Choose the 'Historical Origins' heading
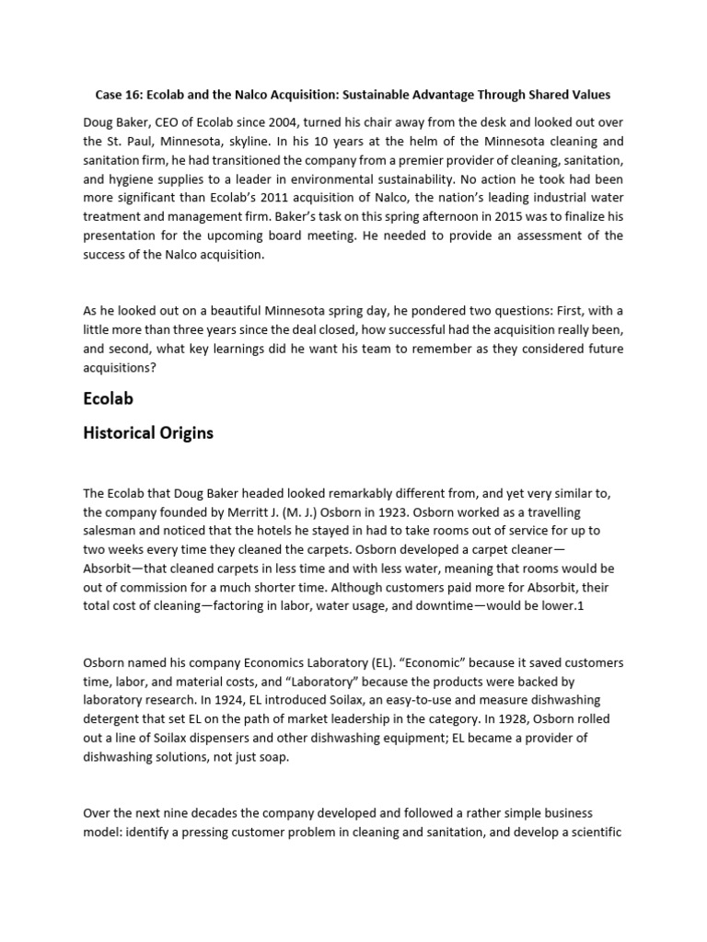[x=147, y=432]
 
